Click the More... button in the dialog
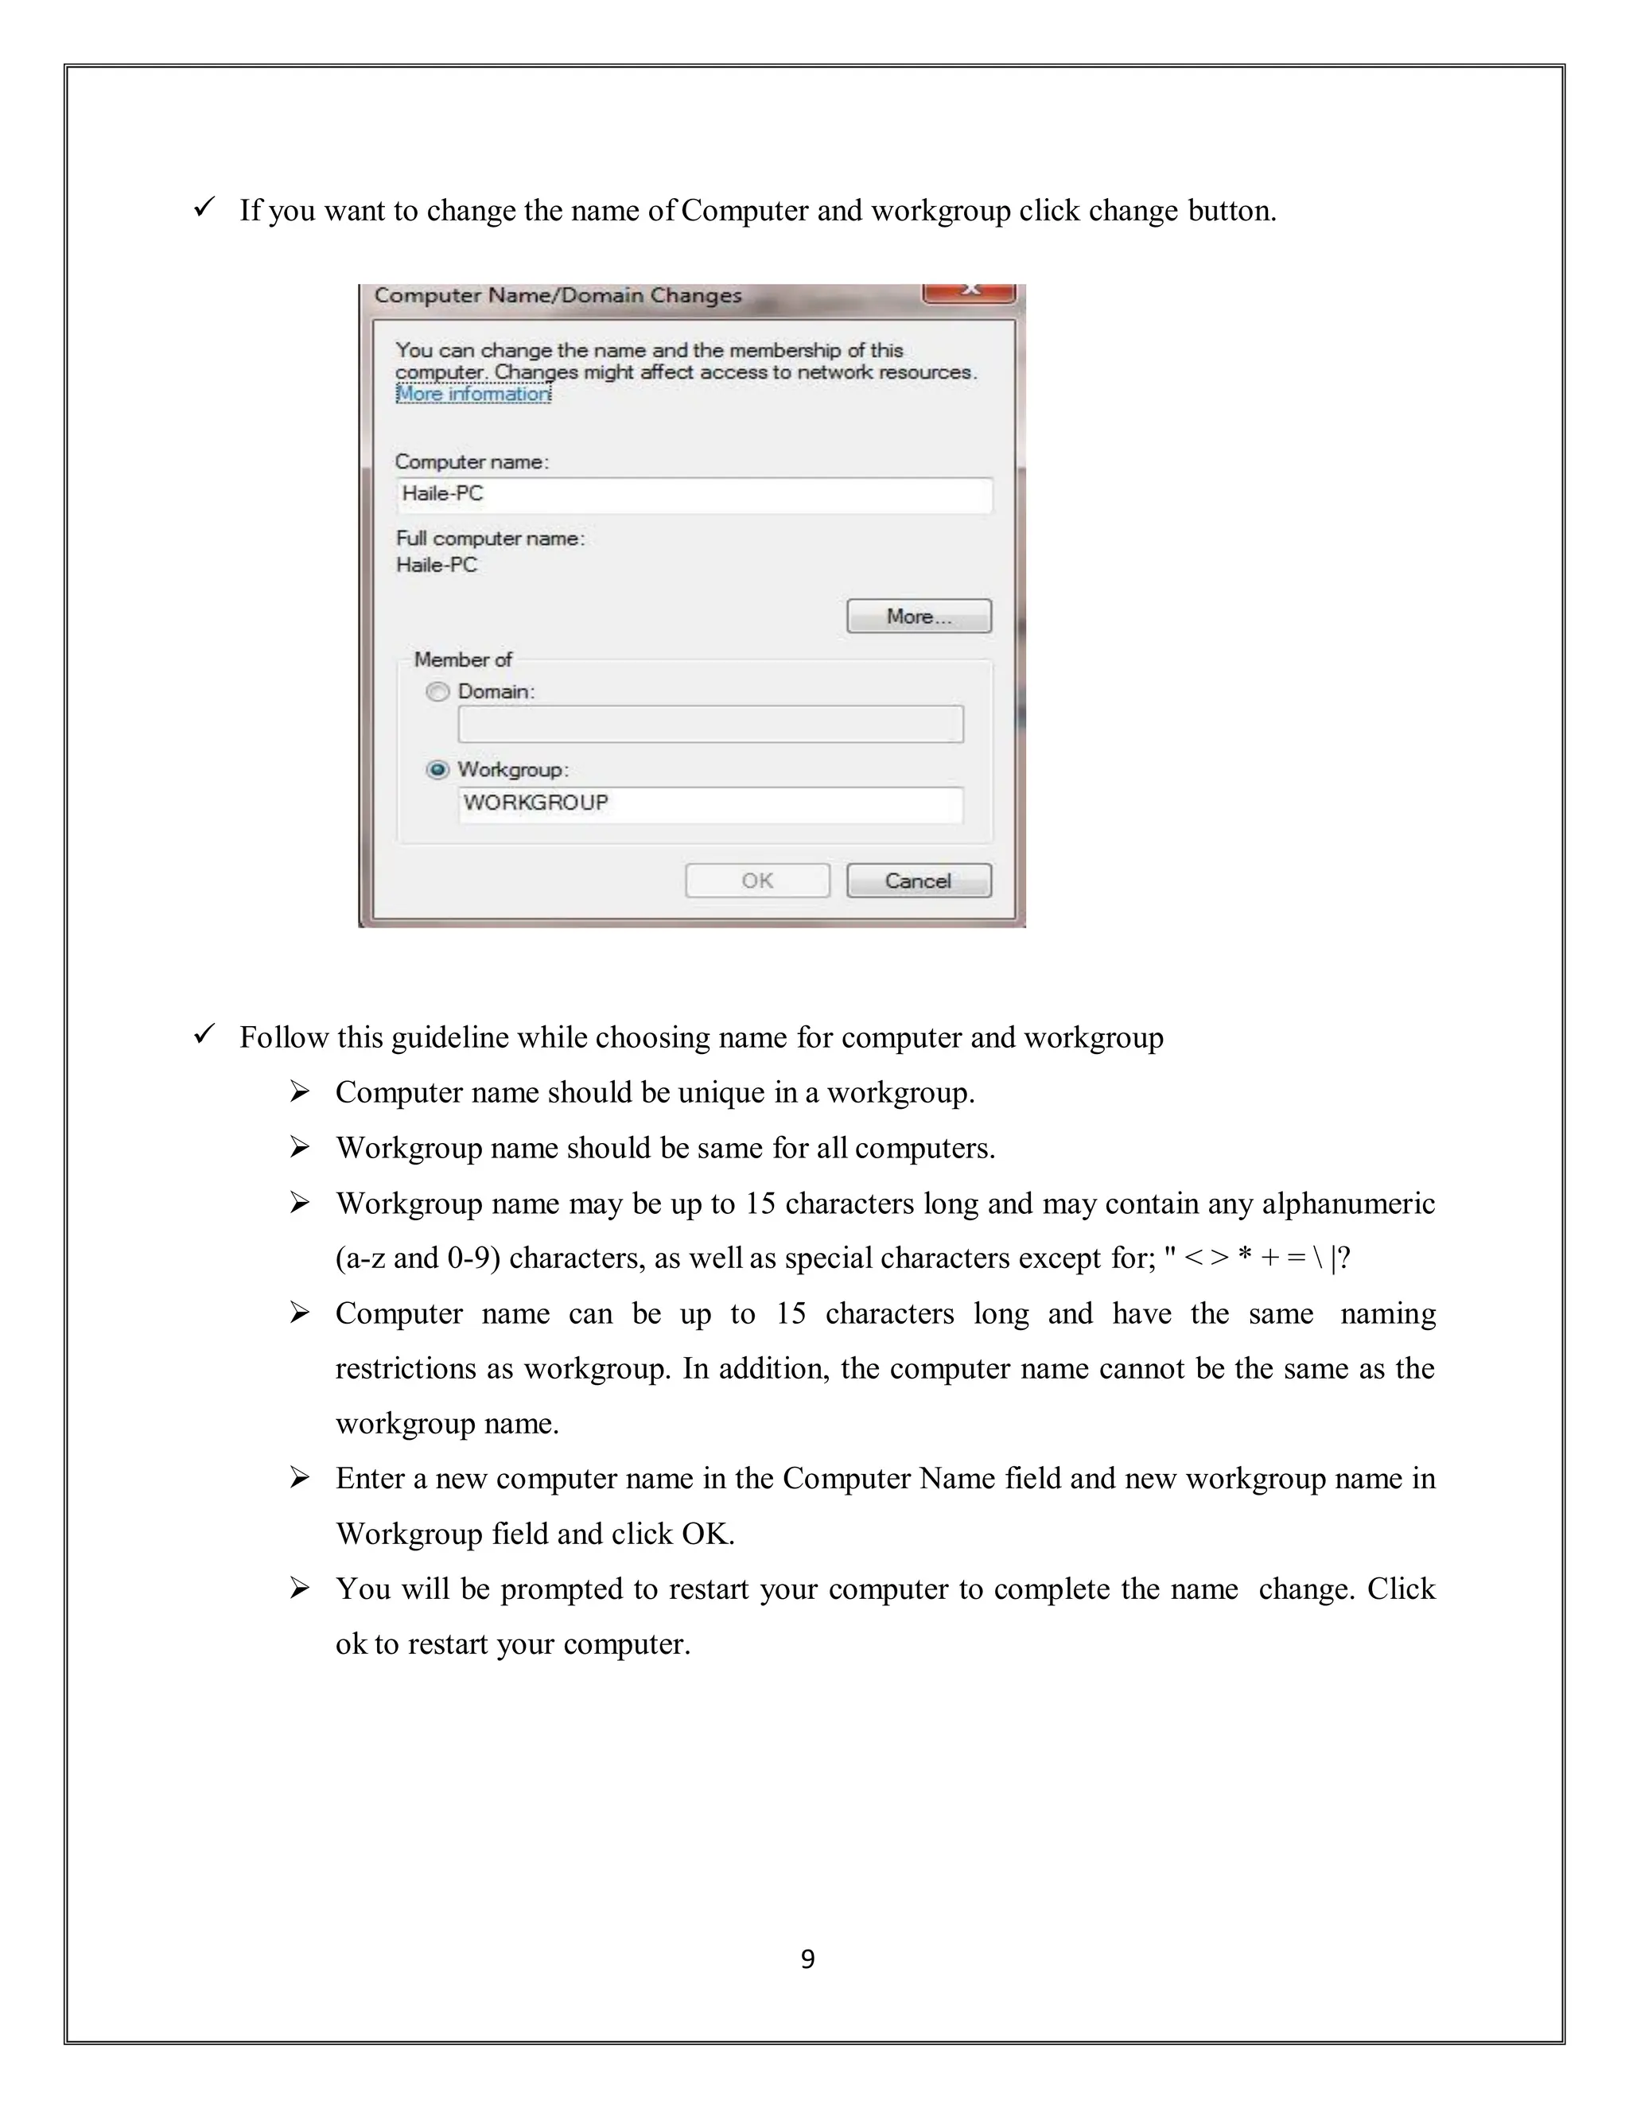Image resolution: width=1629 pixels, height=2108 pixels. click(x=919, y=616)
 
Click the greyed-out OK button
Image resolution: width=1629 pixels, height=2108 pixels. click(x=757, y=881)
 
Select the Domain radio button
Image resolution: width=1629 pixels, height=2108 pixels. click(x=438, y=692)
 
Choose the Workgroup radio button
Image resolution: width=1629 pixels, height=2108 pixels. click(x=438, y=770)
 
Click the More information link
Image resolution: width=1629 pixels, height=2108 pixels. click(x=473, y=394)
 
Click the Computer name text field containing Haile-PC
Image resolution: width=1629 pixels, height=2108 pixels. click(x=694, y=494)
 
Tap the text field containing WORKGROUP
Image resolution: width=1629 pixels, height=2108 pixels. click(x=710, y=804)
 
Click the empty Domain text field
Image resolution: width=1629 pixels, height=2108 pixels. click(x=710, y=724)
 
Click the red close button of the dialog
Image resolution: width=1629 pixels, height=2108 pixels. click(x=969, y=290)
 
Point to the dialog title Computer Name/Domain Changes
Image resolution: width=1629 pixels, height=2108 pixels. click(x=558, y=295)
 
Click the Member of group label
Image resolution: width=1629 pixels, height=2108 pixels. click(x=463, y=659)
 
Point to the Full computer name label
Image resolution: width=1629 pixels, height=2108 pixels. click(x=490, y=539)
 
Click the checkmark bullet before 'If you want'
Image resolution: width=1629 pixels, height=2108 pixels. click(x=204, y=208)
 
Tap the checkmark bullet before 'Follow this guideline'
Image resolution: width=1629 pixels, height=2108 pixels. click(x=204, y=1035)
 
